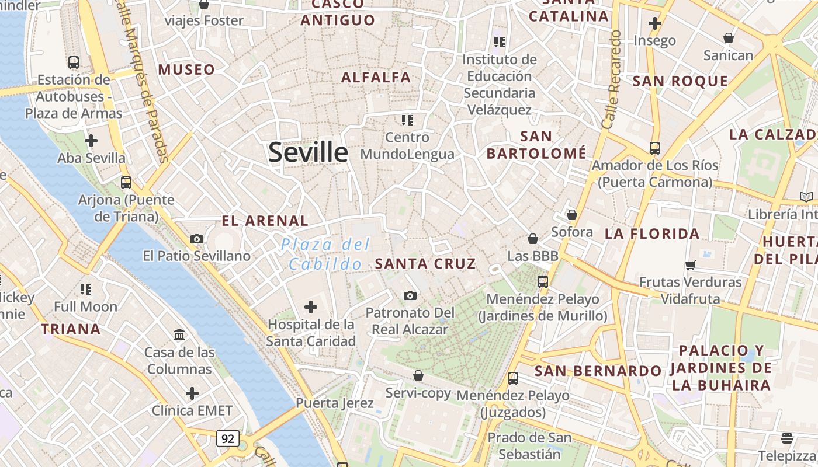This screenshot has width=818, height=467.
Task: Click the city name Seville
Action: coord(308,152)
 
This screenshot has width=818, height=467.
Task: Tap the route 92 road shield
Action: coord(227,438)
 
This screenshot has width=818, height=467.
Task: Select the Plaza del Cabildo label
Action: coord(325,254)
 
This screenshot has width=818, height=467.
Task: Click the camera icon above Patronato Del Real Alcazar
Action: coord(410,295)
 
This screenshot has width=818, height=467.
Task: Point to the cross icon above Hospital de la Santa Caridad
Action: coord(311,306)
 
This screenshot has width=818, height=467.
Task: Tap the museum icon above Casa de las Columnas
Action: coord(179,335)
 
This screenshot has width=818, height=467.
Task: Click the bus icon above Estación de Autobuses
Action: coord(74,62)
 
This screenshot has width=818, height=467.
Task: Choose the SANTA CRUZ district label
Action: coord(425,264)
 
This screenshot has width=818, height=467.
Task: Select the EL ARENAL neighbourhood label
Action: coord(265,221)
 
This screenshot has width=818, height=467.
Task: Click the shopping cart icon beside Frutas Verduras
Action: coord(690,265)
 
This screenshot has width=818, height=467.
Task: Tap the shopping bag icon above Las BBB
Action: coord(532,239)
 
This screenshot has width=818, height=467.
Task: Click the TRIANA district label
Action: coord(71,329)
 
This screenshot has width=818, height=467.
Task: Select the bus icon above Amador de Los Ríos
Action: coord(654,148)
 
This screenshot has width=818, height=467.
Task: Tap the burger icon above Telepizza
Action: coord(786,438)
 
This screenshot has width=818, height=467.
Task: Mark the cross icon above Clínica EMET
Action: coord(192,393)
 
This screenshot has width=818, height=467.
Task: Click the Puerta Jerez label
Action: coord(334,403)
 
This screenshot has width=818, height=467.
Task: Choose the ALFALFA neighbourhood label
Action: coord(376,77)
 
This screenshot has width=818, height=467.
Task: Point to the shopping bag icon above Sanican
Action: coord(728,38)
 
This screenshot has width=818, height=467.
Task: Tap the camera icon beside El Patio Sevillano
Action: coord(197,239)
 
